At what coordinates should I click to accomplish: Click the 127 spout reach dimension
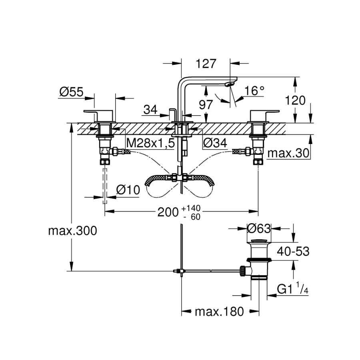[206, 63]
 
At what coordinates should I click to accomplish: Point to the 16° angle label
[254, 91]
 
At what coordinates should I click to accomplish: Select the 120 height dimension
[296, 100]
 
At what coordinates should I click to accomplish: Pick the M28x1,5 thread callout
[150, 143]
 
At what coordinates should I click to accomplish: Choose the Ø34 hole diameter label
[215, 143]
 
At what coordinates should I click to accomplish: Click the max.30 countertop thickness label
[288, 152]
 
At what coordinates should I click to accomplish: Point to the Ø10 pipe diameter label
[128, 190]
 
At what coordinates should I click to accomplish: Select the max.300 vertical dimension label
[72, 231]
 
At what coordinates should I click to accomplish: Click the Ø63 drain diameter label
[259, 228]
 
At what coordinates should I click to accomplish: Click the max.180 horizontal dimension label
[219, 312]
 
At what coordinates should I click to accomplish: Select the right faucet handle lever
[264, 112]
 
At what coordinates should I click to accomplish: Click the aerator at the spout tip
[229, 84]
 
